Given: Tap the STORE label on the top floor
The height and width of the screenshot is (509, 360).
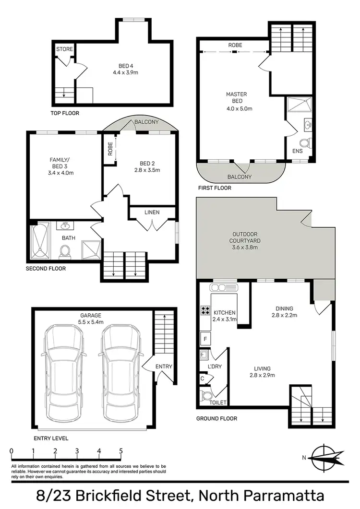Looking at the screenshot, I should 64,49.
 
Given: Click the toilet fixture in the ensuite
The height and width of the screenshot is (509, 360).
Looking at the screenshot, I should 304,143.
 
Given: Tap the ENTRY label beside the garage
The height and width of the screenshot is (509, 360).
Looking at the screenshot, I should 164,367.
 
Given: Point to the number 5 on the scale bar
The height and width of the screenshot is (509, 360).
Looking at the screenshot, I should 120,451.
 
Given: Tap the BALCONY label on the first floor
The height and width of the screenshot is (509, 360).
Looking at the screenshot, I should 239,177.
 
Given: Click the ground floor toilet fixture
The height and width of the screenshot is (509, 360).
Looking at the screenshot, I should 207,396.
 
